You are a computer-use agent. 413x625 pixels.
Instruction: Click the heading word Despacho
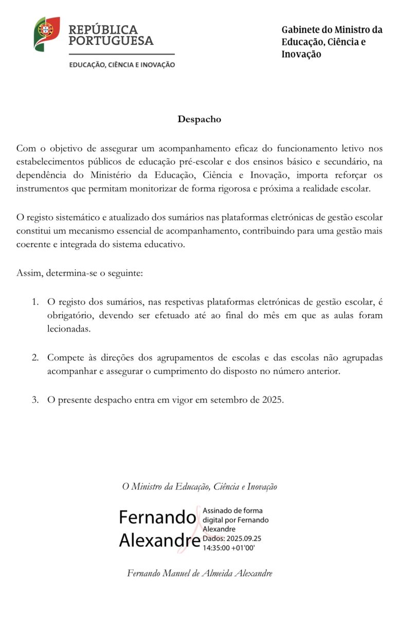200,119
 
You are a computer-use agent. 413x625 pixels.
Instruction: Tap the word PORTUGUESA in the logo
111,41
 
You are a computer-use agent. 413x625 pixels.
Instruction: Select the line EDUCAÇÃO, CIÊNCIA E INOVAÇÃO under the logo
122,65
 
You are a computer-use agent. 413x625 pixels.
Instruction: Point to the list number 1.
35,301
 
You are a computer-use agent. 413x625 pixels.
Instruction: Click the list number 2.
35,357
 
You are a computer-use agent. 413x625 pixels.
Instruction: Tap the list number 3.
35,400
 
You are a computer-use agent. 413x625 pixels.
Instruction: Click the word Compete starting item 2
65,357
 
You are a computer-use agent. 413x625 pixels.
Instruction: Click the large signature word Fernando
157,517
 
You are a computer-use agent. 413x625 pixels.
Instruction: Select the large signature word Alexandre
159,541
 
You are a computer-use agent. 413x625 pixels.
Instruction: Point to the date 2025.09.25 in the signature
242,539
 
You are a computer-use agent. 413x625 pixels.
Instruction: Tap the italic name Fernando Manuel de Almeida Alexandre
200,573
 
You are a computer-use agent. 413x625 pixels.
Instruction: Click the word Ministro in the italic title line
146,486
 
